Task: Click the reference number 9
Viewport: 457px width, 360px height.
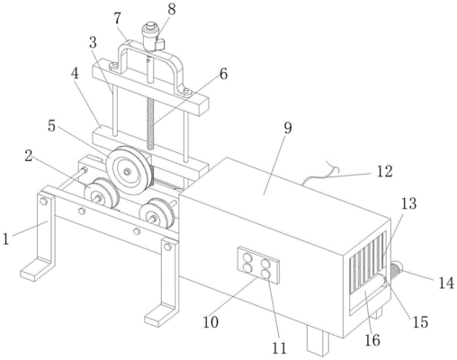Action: pyautogui.click(x=288, y=128)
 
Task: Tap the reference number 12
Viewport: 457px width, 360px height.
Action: pyautogui.click(x=384, y=172)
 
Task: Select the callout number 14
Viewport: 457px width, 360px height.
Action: pyautogui.click(x=446, y=283)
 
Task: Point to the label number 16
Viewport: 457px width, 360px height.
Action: pyautogui.click(x=372, y=340)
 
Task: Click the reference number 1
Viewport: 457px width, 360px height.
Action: pyautogui.click(x=6, y=239)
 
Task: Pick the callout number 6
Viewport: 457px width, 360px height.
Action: pyautogui.click(x=223, y=74)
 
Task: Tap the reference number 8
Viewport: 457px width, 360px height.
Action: pyautogui.click(x=171, y=9)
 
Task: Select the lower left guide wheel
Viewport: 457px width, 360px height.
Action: pyautogui.click(x=101, y=193)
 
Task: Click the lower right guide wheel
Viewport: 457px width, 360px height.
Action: pyautogui.click(x=157, y=212)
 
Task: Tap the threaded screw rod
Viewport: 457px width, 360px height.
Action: pyautogui.click(x=150, y=124)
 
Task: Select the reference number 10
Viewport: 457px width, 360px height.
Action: pyautogui.click(x=211, y=322)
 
